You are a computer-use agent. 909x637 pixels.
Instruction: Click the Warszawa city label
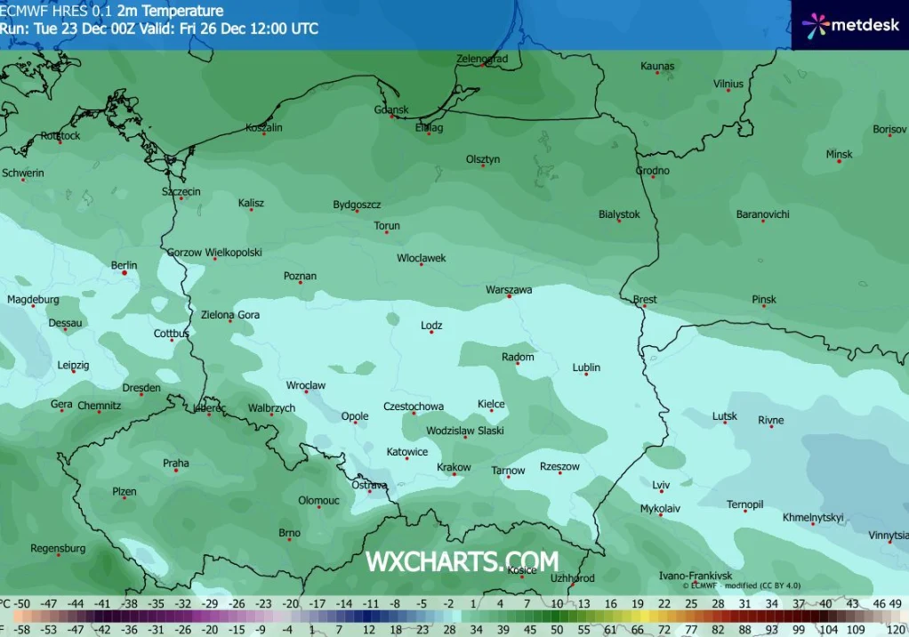pos(509,290)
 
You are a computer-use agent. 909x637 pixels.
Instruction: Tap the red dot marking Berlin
pos(125,273)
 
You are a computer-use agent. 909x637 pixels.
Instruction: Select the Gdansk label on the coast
pos(391,110)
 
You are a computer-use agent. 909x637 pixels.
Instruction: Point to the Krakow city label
pos(454,467)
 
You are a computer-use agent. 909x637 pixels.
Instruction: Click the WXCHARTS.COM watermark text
pos(462,561)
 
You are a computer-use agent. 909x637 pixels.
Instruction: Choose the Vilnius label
pos(728,85)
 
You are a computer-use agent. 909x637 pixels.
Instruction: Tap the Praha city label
pos(176,463)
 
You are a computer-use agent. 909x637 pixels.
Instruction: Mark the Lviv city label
pos(661,485)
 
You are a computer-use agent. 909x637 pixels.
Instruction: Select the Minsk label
pos(839,154)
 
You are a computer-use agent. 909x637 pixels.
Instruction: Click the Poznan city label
pos(300,276)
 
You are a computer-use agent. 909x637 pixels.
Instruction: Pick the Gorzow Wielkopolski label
pos(214,253)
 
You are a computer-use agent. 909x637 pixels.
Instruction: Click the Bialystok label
pos(619,214)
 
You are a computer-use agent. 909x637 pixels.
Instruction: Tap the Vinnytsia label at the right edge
pos(889,535)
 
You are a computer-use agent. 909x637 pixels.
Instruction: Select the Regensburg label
pos(58,548)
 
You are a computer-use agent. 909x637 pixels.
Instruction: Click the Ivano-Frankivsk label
pos(695,576)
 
